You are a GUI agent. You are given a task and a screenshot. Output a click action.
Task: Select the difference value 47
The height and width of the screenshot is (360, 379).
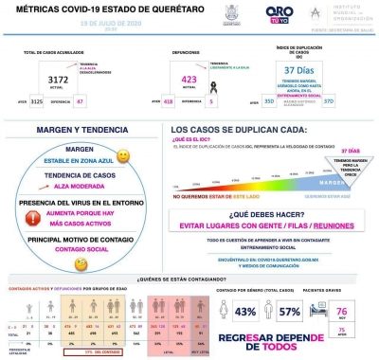pyautogui.click(x=79, y=100)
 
